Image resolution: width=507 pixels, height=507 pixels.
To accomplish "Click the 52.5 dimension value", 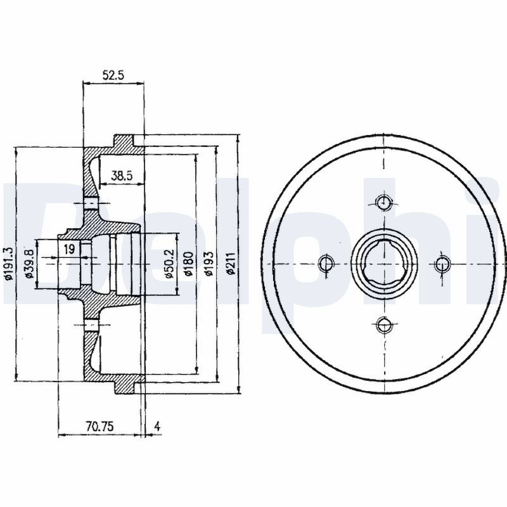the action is (x=113, y=75).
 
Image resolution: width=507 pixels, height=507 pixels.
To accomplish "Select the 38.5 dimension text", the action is (x=122, y=176).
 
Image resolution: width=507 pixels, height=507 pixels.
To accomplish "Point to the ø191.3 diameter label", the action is (x=9, y=264).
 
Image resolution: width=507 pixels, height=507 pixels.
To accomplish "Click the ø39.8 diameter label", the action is (x=29, y=264).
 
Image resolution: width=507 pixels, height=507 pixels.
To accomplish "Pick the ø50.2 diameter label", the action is (x=169, y=264).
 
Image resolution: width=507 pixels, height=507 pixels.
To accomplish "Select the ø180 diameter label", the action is (x=188, y=264).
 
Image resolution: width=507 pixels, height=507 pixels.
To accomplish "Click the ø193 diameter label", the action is (x=209, y=264).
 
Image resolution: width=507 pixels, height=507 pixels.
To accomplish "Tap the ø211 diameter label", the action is (x=231, y=264).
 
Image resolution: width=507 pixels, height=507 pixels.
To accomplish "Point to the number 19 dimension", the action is (x=69, y=249).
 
